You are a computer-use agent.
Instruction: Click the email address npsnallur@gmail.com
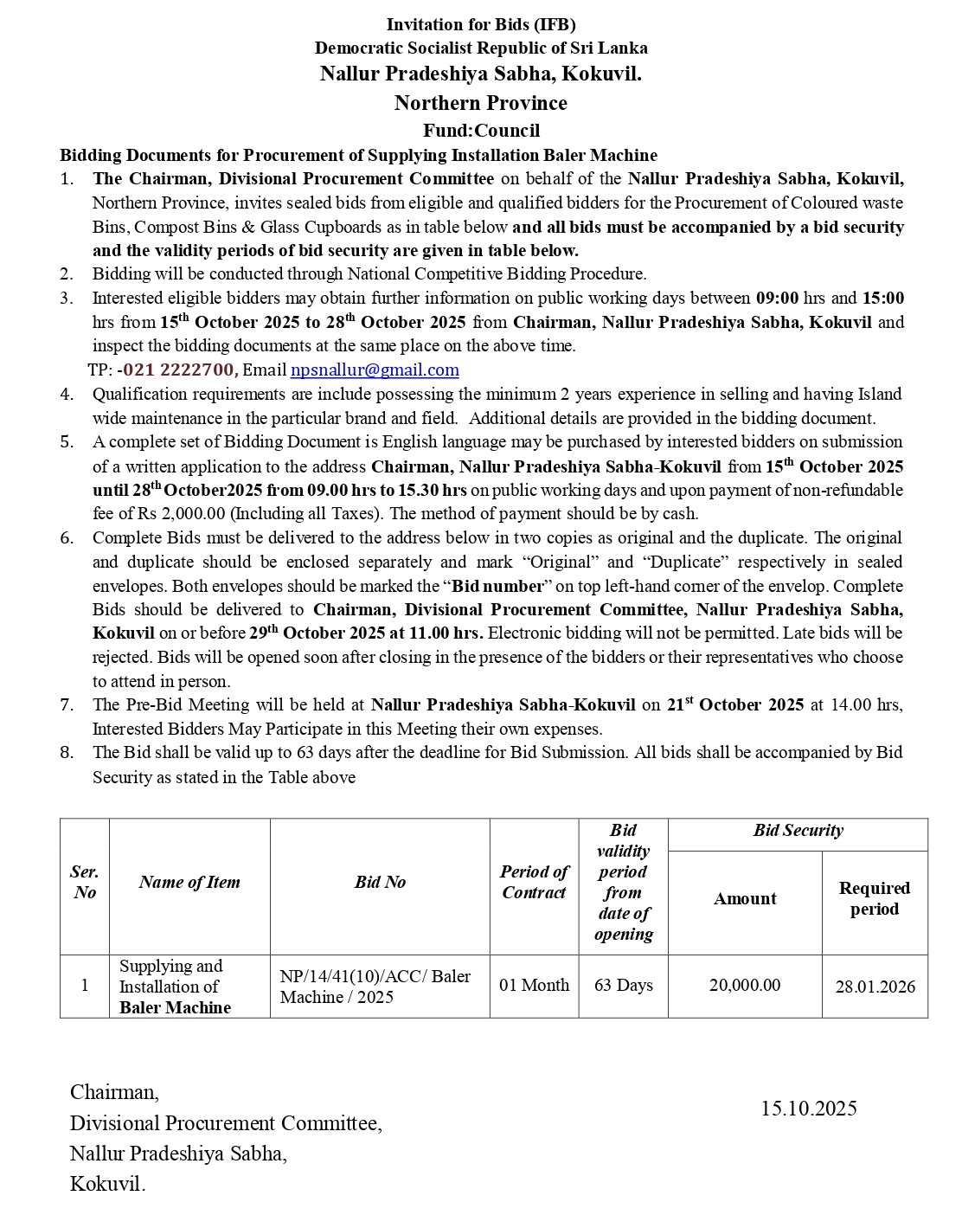(375, 370)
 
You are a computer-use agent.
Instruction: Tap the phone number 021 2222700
(179, 370)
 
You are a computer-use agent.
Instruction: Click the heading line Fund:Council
(481, 131)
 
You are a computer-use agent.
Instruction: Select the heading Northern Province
(481, 103)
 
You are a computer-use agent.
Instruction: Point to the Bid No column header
(380, 883)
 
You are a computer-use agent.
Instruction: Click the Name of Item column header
(189, 883)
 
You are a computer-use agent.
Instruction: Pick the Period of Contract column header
(534, 883)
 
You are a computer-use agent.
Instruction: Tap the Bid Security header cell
(798, 831)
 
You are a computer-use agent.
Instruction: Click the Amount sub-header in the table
(745, 899)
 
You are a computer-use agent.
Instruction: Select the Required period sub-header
(875, 899)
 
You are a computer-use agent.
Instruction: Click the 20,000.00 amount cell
(745, 986)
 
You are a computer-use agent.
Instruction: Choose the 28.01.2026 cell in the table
(875, 987)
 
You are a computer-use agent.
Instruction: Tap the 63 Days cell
(623, 986)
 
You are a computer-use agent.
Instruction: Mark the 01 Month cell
(534, 986)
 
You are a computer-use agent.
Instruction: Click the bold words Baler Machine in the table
(175, 1008)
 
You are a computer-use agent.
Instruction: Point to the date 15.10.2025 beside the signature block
(809, 1109)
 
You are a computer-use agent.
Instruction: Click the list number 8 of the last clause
(67, 753)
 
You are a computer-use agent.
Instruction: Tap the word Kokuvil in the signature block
(106, 1185)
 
